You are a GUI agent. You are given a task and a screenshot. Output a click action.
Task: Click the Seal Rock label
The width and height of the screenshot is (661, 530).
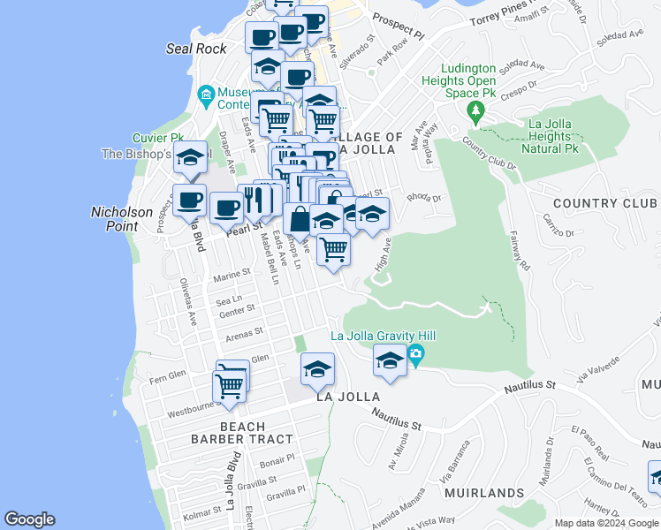[196, 49]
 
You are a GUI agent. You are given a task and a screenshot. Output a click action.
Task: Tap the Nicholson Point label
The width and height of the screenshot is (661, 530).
[122, 219]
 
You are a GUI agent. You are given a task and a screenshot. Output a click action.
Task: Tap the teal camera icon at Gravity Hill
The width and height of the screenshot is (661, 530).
[416, 355]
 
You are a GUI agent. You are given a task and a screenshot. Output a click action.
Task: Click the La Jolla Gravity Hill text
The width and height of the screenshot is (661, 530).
[383, 337]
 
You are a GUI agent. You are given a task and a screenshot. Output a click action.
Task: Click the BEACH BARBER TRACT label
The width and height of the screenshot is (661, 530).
[243, 433]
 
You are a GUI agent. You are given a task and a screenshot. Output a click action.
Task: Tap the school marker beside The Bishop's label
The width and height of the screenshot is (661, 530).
[190, 159]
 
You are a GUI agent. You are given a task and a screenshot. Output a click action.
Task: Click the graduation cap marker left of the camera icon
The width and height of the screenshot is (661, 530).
[390, 360]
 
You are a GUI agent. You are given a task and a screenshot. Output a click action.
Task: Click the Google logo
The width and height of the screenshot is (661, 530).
[30, 519]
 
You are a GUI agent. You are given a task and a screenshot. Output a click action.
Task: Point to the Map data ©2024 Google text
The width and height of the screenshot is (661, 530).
[607, 523]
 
